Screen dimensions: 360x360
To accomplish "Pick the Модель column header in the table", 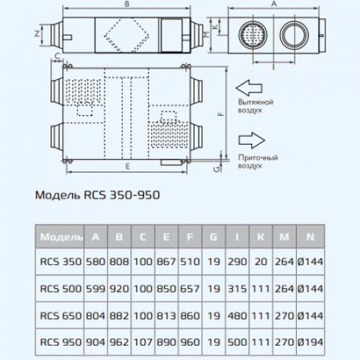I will click(x=60, y=238).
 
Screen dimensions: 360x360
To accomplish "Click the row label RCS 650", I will click(x=60, y=314).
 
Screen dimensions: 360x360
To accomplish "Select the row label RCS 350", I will click(x=60, y=263).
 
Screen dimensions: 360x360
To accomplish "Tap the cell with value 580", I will click(x=97, y=263).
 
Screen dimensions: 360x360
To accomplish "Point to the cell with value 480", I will click(x=236, y=314).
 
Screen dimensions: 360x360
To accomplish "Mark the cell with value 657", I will click(x=190, y=289).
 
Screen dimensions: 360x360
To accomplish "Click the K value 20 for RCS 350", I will click(x=259, y=263).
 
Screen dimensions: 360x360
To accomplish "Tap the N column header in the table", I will click(x=307, y=238).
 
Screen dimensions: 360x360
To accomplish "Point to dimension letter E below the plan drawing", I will click(x=128, y=166).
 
